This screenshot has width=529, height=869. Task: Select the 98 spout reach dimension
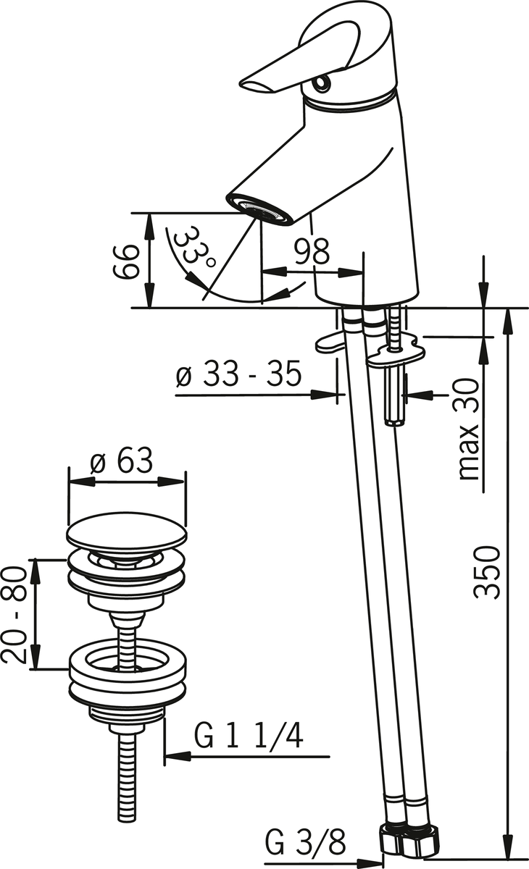click(x=312, y=251)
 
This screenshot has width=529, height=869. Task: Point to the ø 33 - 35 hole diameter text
click(x=238, y=374)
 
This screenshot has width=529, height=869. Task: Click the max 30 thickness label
click(x=470, y=429)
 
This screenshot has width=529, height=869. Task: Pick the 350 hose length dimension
click(x=487, y=573)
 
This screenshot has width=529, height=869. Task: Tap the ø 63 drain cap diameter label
click(x=121, y=461)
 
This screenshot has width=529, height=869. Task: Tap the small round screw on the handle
click(x=322, y=83)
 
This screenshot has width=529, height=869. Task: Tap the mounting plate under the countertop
click(x=396, y=353)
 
